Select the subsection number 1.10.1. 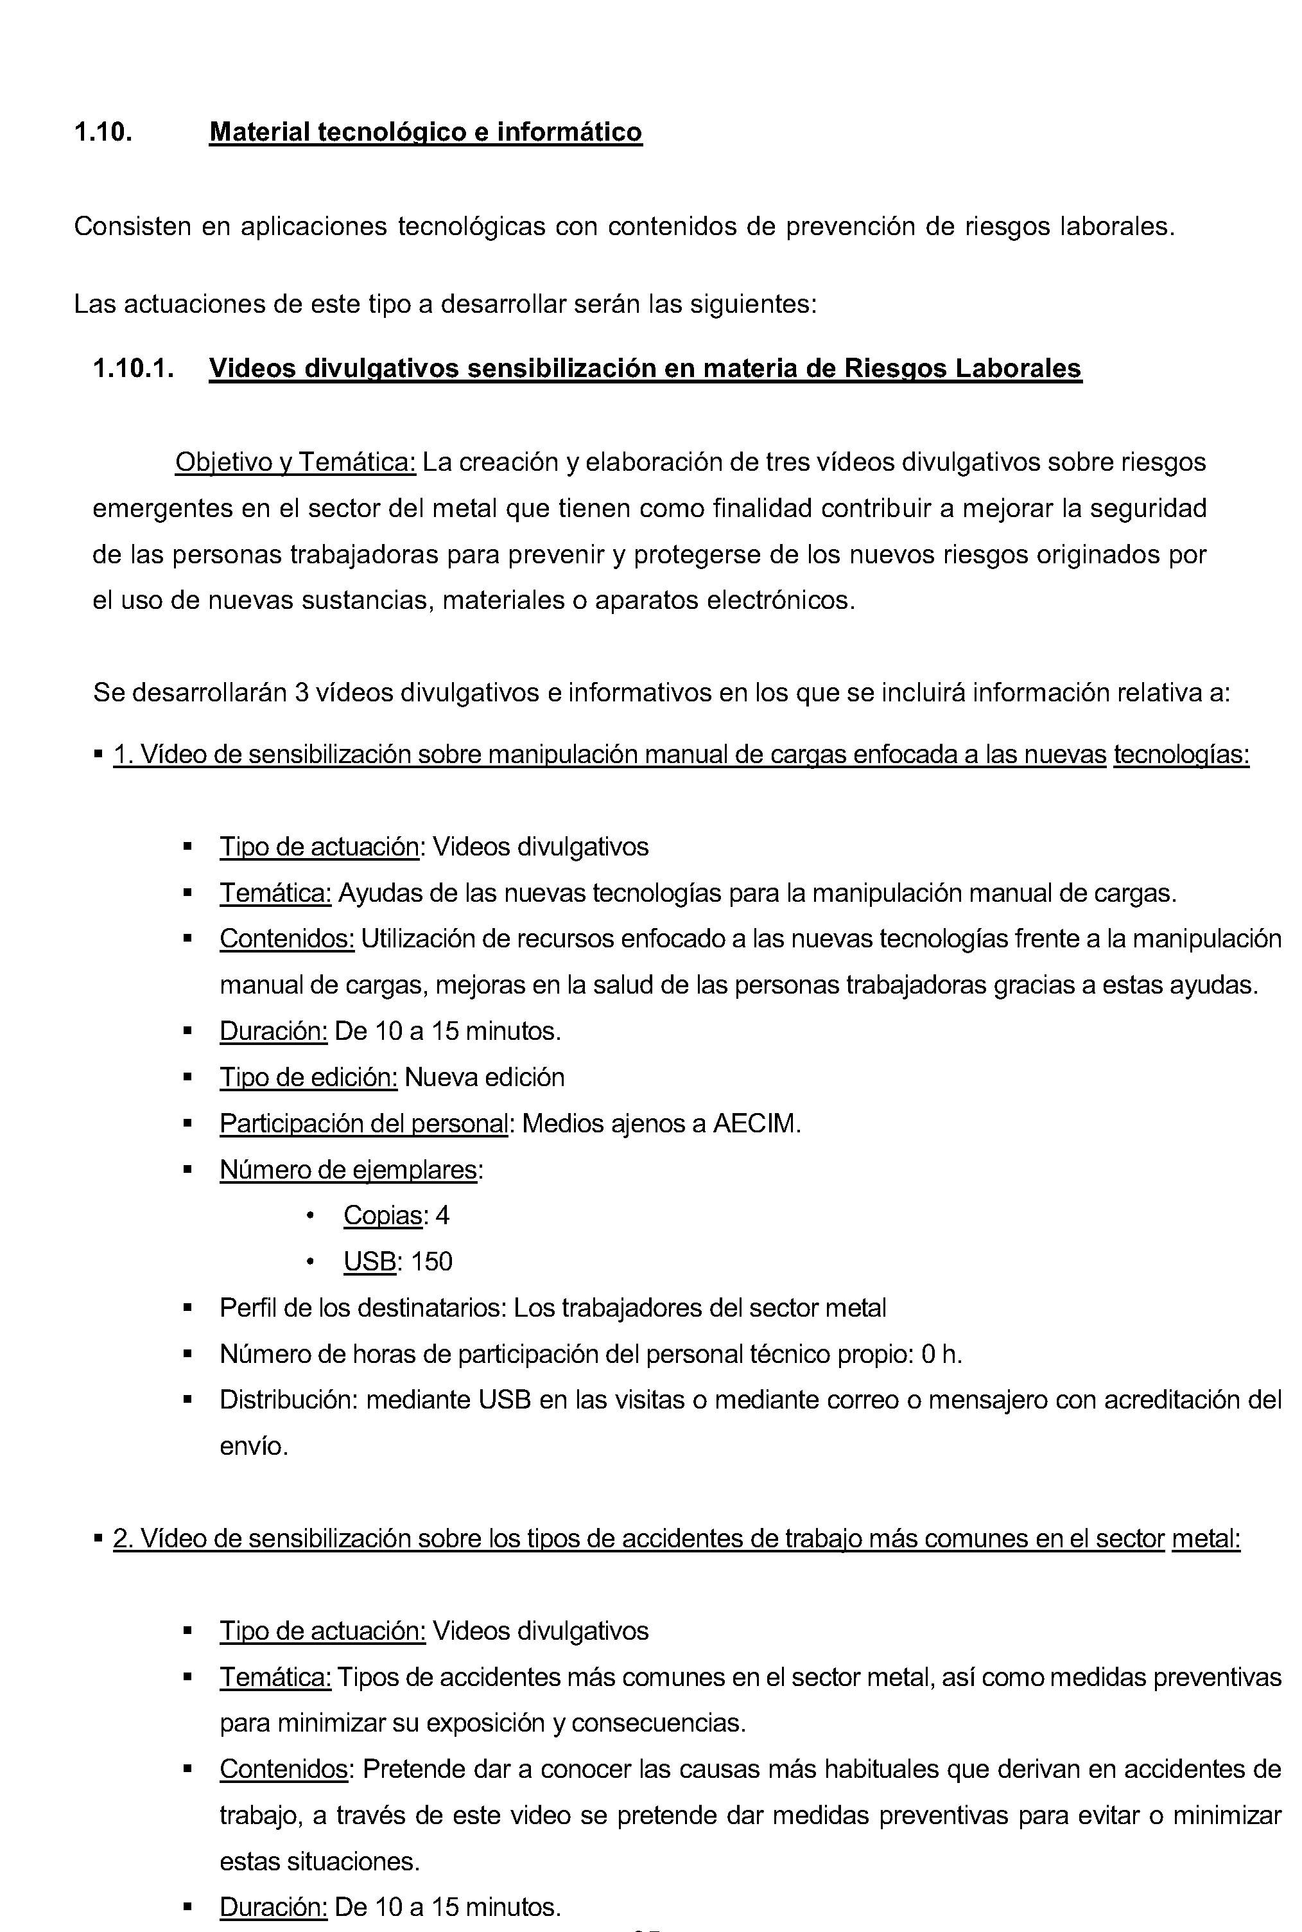point(133,368)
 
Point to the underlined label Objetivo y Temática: point(295,462)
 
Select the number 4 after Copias point(442,1216)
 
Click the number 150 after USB point(432,1261)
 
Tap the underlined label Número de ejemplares point(349,1170)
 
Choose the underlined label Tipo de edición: point(308,1077)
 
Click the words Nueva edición point(484,1077)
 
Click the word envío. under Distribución point(253,1446)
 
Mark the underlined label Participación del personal point(363,1124)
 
